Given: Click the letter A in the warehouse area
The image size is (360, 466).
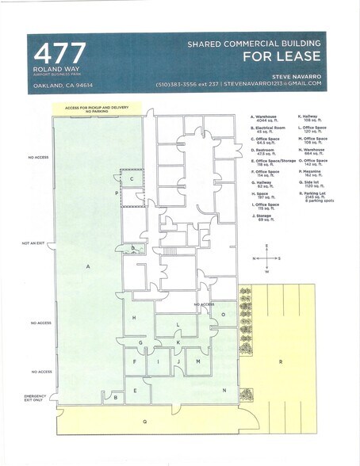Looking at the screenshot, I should point(88,267).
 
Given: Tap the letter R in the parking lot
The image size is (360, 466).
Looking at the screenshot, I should point(281,361).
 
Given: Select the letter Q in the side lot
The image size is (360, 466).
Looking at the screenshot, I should point(144,422).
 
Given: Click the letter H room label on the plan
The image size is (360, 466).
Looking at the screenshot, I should point(134,318).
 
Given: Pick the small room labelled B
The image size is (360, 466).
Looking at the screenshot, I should point(116,396).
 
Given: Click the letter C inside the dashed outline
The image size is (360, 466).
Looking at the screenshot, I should point(132,179).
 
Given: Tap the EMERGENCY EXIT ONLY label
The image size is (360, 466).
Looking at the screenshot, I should point(37,398).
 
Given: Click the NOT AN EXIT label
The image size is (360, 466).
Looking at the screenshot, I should point(37,243).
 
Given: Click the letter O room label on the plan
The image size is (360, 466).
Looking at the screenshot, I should point(224,314).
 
